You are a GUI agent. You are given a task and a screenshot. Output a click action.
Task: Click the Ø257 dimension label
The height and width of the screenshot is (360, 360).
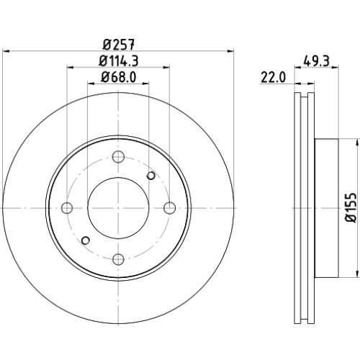tap(119, 45)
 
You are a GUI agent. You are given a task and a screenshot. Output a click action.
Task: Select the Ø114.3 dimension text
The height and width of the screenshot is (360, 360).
tap(119, 61)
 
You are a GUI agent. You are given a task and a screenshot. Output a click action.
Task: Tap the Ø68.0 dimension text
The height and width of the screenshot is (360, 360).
tap(119, 77)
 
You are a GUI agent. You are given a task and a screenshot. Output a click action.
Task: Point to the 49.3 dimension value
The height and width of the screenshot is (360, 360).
tap(317, 61)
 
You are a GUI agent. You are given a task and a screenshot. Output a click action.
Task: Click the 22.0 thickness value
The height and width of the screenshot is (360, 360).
tap(274, 78)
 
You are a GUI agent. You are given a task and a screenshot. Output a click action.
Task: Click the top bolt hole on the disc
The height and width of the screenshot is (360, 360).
tap(118, 157)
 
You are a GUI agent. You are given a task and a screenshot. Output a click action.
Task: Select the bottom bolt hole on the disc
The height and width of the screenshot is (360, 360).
tap(118, 259)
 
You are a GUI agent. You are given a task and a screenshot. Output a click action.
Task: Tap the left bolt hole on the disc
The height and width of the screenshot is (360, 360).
tap(67, 208)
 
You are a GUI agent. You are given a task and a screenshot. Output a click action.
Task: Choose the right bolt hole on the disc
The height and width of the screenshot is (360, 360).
tap(170, 208)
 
